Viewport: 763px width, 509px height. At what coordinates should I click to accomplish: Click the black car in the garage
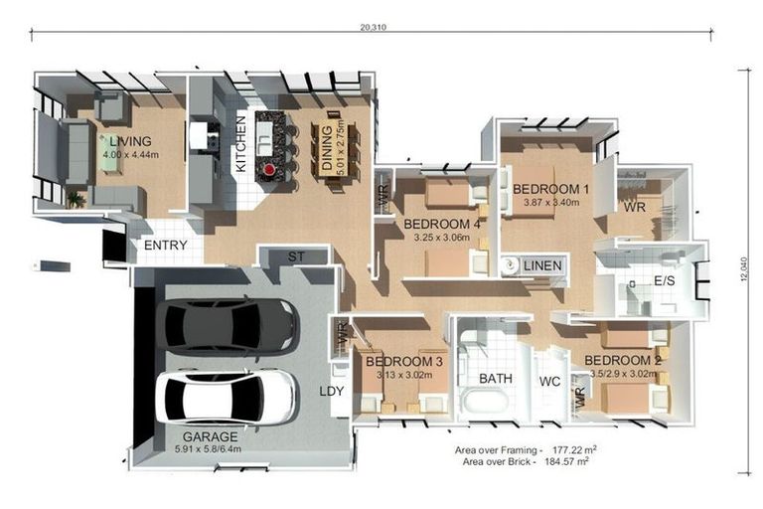tap(226, 325)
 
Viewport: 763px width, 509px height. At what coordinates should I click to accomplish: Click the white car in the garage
tap(226, 397)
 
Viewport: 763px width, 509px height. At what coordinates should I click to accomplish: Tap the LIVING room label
tap(130, 141)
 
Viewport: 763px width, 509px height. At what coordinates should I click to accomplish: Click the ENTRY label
tap(166, 246)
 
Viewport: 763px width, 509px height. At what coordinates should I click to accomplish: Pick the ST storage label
tap(296, 257)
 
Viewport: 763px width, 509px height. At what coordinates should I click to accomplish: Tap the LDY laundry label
tap(331, 392)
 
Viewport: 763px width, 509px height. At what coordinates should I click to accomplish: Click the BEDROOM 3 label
tap(404, 361)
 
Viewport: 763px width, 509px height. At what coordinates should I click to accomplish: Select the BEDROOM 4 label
tap(442, 225)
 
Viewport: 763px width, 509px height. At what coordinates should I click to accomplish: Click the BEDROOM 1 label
tap(551, 188)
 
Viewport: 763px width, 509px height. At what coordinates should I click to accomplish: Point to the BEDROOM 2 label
tap(623, 360)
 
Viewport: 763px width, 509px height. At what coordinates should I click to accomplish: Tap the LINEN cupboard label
tap(543, 265)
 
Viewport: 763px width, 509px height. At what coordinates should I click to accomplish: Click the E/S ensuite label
tap(665, 281)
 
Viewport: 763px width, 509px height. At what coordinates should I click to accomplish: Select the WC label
tap(550, 382)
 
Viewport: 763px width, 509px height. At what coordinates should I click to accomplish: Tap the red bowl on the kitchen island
tap(268, 170)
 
